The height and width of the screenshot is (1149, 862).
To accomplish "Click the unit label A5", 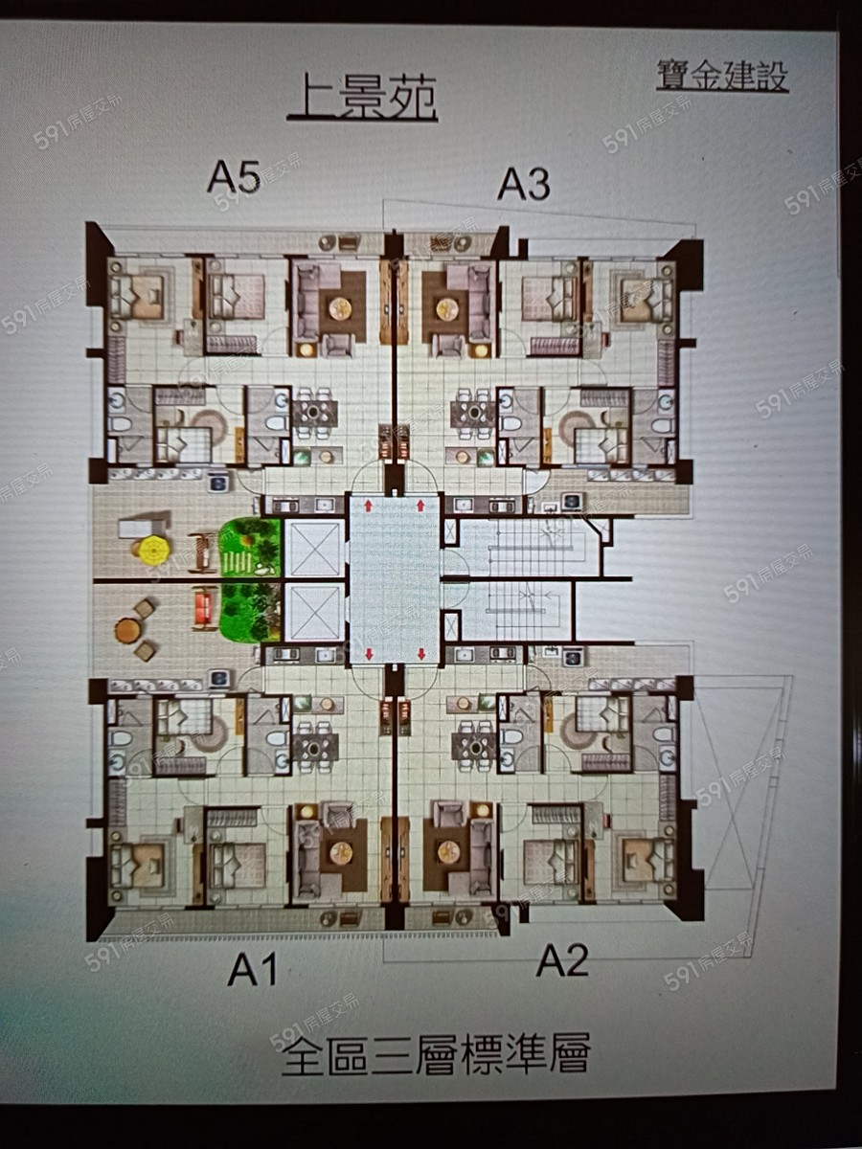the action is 234,177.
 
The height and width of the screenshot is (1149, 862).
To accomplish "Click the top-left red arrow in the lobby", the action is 368,506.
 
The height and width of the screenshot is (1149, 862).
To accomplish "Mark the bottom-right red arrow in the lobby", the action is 420,653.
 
